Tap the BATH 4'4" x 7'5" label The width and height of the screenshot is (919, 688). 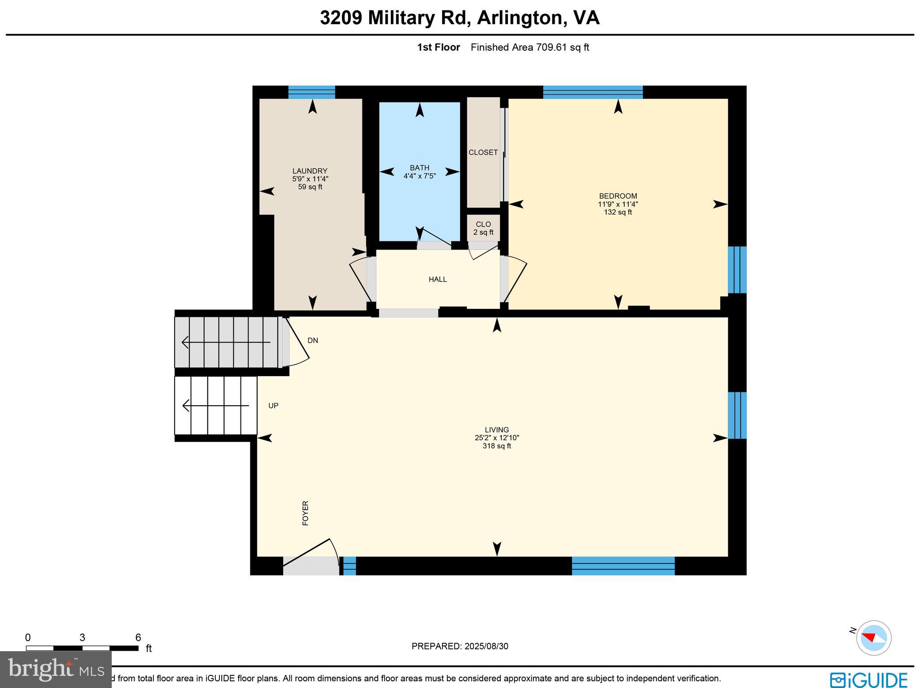pyautogui.click(x=419, y=172)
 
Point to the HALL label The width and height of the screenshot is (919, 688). pyautogui.click(x=438, y=280)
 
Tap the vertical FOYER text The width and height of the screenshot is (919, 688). pyautogui.click(x=306, y=513)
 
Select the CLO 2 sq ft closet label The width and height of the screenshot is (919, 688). pyautogui.click(x=483, y=228)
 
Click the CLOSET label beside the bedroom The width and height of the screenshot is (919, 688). pyautogui.click(x=483, y=153)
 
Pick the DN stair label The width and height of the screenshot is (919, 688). pyautogui.click(x=313, y=341)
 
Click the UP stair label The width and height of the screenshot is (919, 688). pyautogui.click(x=273, y=406)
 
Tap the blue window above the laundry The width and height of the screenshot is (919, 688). pyautogui.click(x=311, y=92)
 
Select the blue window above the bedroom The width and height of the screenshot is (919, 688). pyautogui.click(x=592, y=92)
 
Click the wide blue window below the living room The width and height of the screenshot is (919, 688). pyautogui.click(x=623, y=565)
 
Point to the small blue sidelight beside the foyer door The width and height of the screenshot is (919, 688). pyautogui.click(x=350, y=565)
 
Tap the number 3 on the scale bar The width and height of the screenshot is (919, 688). pyautogui.click(x=82, y=638)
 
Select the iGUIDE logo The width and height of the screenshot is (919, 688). pyautogui.click(x=868, y=679)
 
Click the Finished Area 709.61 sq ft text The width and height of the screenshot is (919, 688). pyautogui.click(x=530, y=47)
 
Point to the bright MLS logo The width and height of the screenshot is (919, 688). pyautogui.click(x=56, y=670)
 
